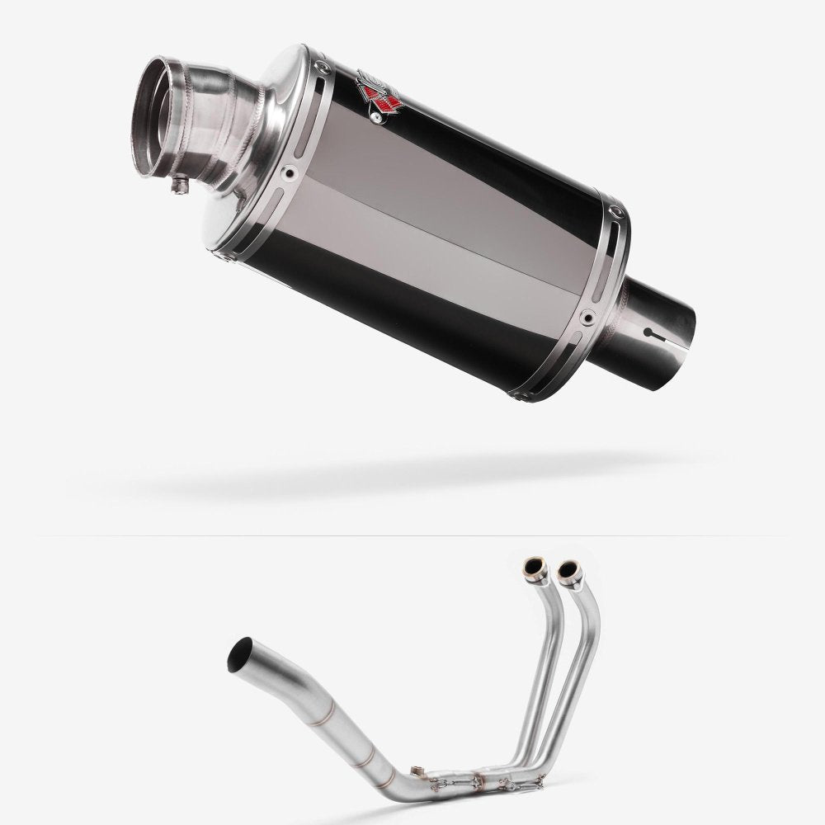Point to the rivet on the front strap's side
pyautogui.click(x=288, y=173)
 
